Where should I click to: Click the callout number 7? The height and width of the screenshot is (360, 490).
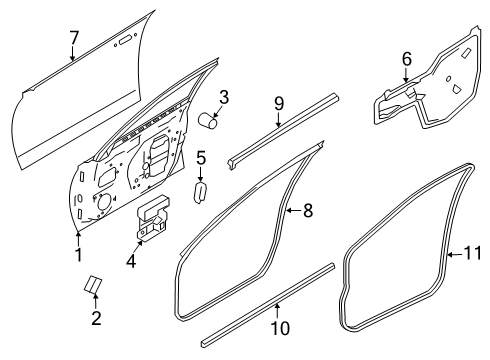click(x=74, y=38)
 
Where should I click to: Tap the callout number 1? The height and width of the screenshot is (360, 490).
click(x=79, y=255)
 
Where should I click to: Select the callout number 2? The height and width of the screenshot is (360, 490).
click(x=96, y=318)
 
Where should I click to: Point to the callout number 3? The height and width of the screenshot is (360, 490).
click(x=224, y=97)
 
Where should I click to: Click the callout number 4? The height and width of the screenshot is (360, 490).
click(x=131, y=260)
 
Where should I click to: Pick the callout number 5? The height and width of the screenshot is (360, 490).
click(x=201, y=158)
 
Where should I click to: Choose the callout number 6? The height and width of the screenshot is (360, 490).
click(x=407, y=59)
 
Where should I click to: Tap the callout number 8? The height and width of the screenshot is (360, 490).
click(x=308, y=211)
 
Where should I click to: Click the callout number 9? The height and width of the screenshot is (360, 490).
click(x=279, y=104)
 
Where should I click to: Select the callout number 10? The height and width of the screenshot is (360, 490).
click(x=280, y=328)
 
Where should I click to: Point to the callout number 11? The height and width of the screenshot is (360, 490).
click(x=473, y=253)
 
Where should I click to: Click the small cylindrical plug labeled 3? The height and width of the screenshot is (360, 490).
click(x=208, y=120)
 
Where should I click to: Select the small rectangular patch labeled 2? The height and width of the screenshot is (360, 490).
click(x=92, y=284)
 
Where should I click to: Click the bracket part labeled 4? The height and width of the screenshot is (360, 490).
click(x=153, y=217)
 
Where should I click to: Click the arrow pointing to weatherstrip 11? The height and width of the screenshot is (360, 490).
click(x=455, y=255)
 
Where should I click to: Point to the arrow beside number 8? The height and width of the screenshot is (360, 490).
click(x=294, y=210)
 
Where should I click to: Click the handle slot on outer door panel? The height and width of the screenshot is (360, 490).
click(x=125, y=40)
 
